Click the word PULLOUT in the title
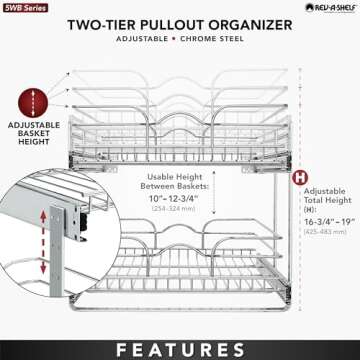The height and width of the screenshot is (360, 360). (x=186, y=24)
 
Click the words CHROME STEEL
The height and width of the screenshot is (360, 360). (x=211, y=44)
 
